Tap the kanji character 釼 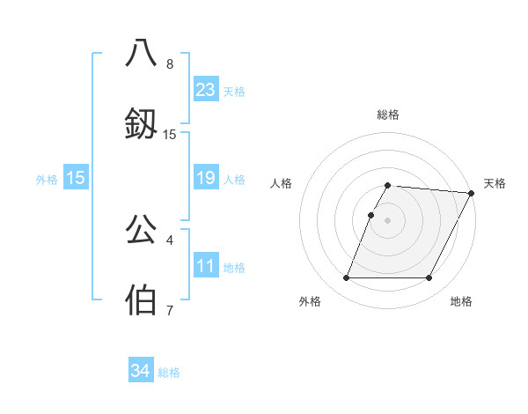coord(142,122)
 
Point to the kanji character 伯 coord(142,299)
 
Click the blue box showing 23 coord(206,90)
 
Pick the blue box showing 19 coord(206,179)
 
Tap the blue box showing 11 coord(206,266)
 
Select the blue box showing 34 coord(140,371)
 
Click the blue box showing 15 coord(76,179)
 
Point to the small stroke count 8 coord(170,64)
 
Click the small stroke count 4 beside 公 coord(170,240)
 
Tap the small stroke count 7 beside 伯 coord(170,310)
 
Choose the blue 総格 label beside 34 coord(169,373)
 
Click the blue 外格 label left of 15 coord(47,180)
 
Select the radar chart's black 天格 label coord(495,183)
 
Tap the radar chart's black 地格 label coord(461,302)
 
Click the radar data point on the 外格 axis coord(346,278)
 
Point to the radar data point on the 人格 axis coord(370,215)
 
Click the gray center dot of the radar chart coord(387,219)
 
